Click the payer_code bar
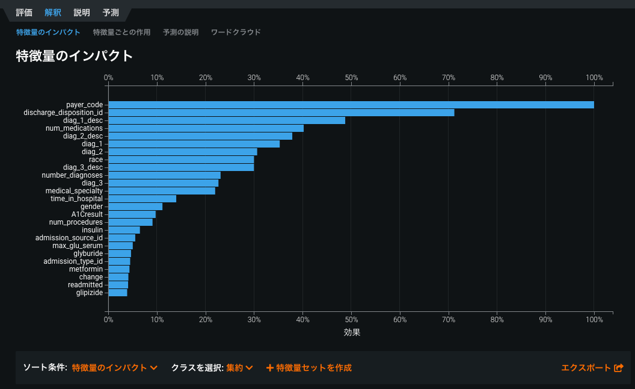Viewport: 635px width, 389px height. (351, 105)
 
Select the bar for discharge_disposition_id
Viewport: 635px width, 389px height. (281, 113)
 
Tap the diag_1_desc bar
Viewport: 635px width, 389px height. (227, 120)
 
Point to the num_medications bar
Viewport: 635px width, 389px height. (206, 128)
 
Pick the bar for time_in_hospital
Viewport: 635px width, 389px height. (143, 199)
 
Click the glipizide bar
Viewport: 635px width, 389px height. (118, 293)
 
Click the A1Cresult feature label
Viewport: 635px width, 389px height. (87, 214)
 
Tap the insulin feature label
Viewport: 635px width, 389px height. (92, 230)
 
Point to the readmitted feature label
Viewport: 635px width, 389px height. (85, 285)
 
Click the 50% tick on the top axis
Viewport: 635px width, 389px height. (351, 78)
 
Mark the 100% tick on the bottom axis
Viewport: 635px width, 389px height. (594, 320)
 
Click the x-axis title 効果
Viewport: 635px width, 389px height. (352, 332)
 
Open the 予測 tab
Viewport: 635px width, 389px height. (111, 13)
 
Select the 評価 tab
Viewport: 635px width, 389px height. (24, 13)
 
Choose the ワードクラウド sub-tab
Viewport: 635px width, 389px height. (236, 33)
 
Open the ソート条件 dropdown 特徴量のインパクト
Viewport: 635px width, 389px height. (114, 368)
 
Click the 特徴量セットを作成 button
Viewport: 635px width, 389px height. (309, 368)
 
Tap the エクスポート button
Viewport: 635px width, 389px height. (592, 368)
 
